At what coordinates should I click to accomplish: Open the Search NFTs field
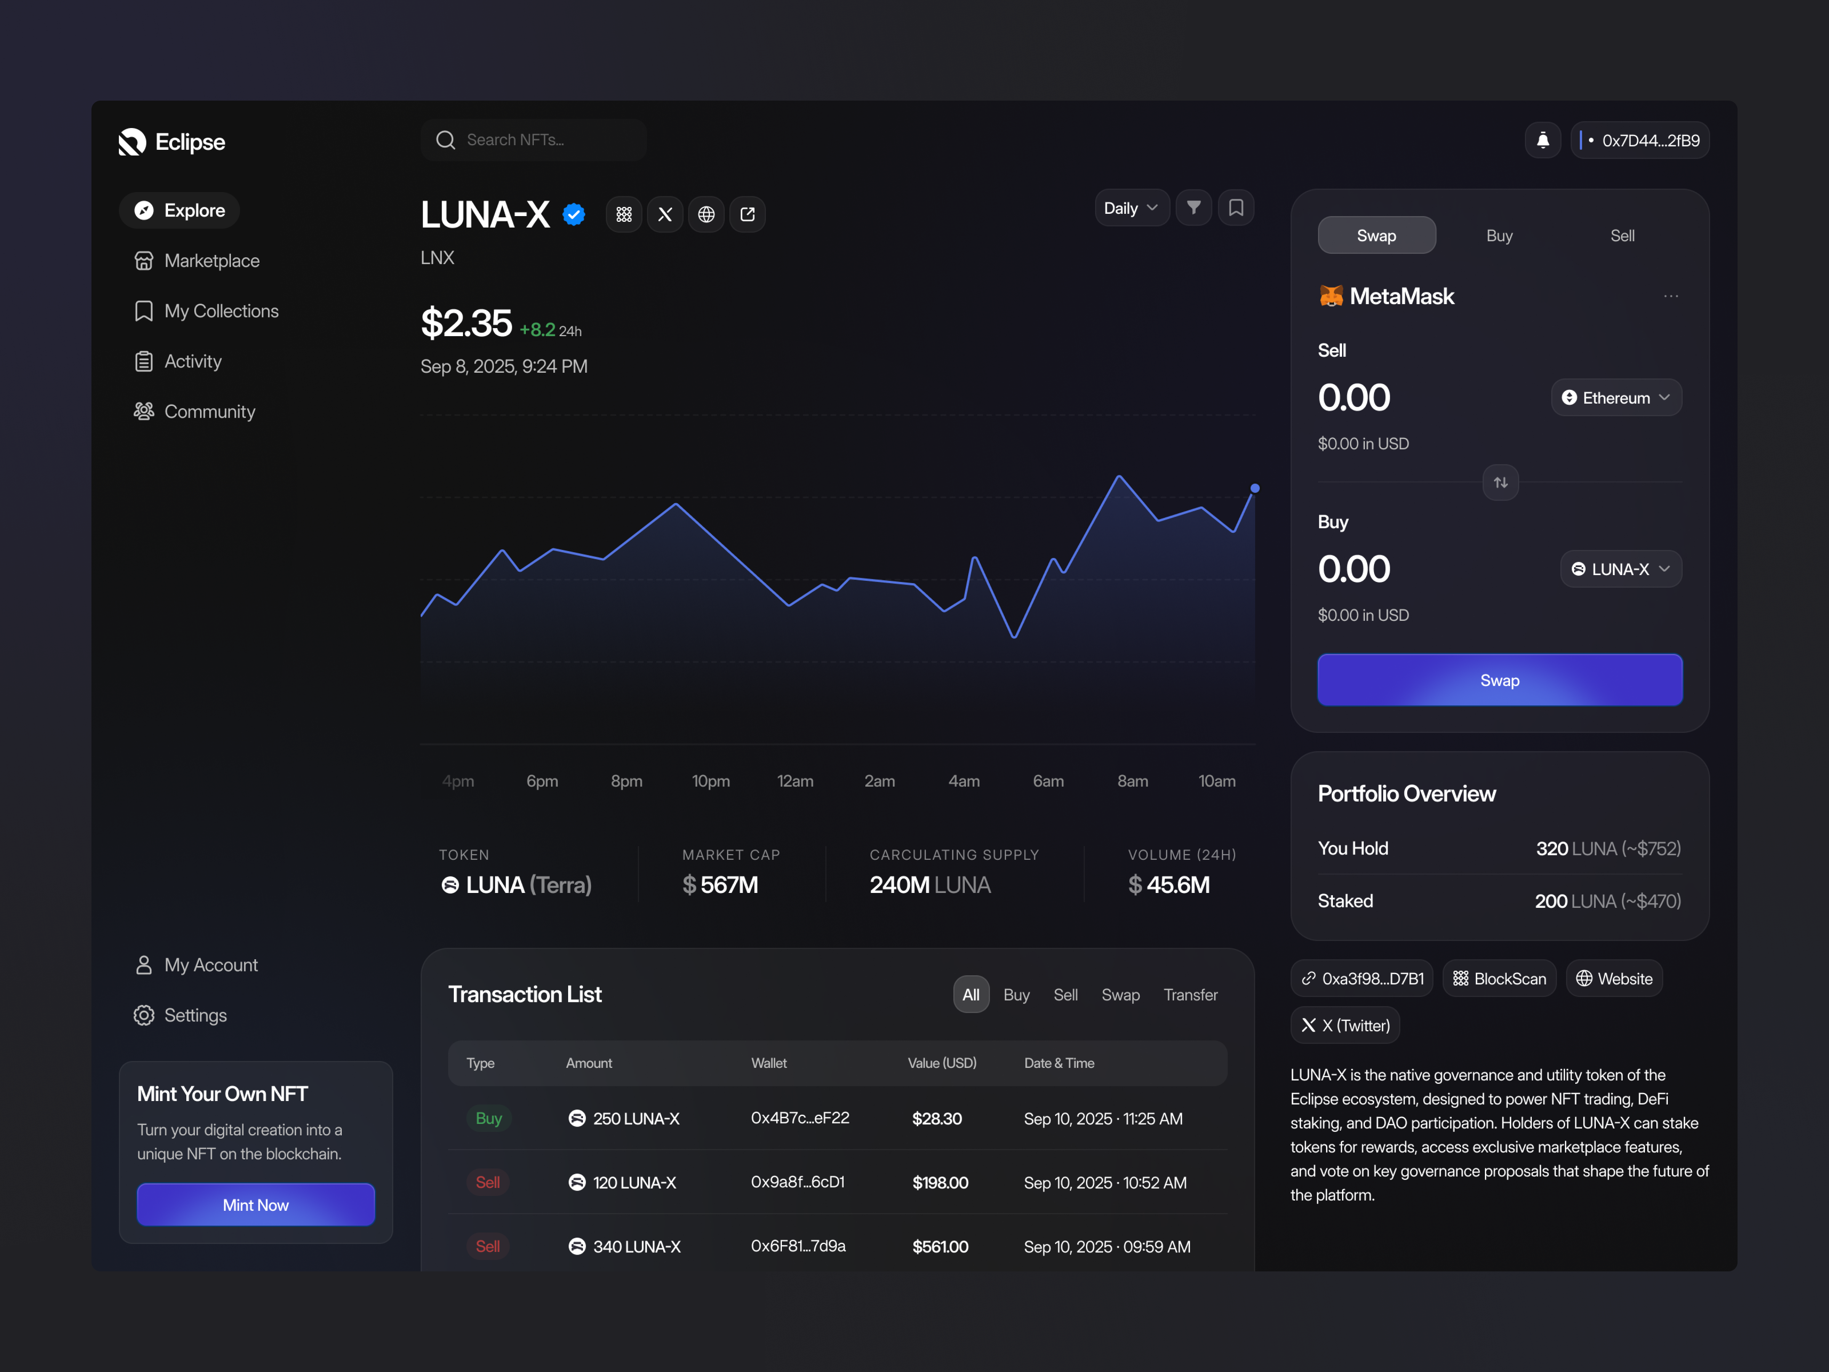[533, 140]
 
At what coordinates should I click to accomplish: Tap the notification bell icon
[1542, 141]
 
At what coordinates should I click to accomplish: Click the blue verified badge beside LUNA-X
[574, 215]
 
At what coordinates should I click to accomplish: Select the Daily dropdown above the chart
[1130, 208]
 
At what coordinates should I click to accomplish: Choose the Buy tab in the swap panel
[1499, 236]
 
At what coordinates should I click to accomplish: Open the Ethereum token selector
[1616, 398]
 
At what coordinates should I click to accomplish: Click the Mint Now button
[256, 1205]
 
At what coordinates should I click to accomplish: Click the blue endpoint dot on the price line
[1254, 489]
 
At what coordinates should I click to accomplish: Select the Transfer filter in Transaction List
[1190, 995]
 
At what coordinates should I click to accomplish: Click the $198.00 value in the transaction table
[940, 1183]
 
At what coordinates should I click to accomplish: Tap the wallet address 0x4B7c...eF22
[799, 1118]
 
